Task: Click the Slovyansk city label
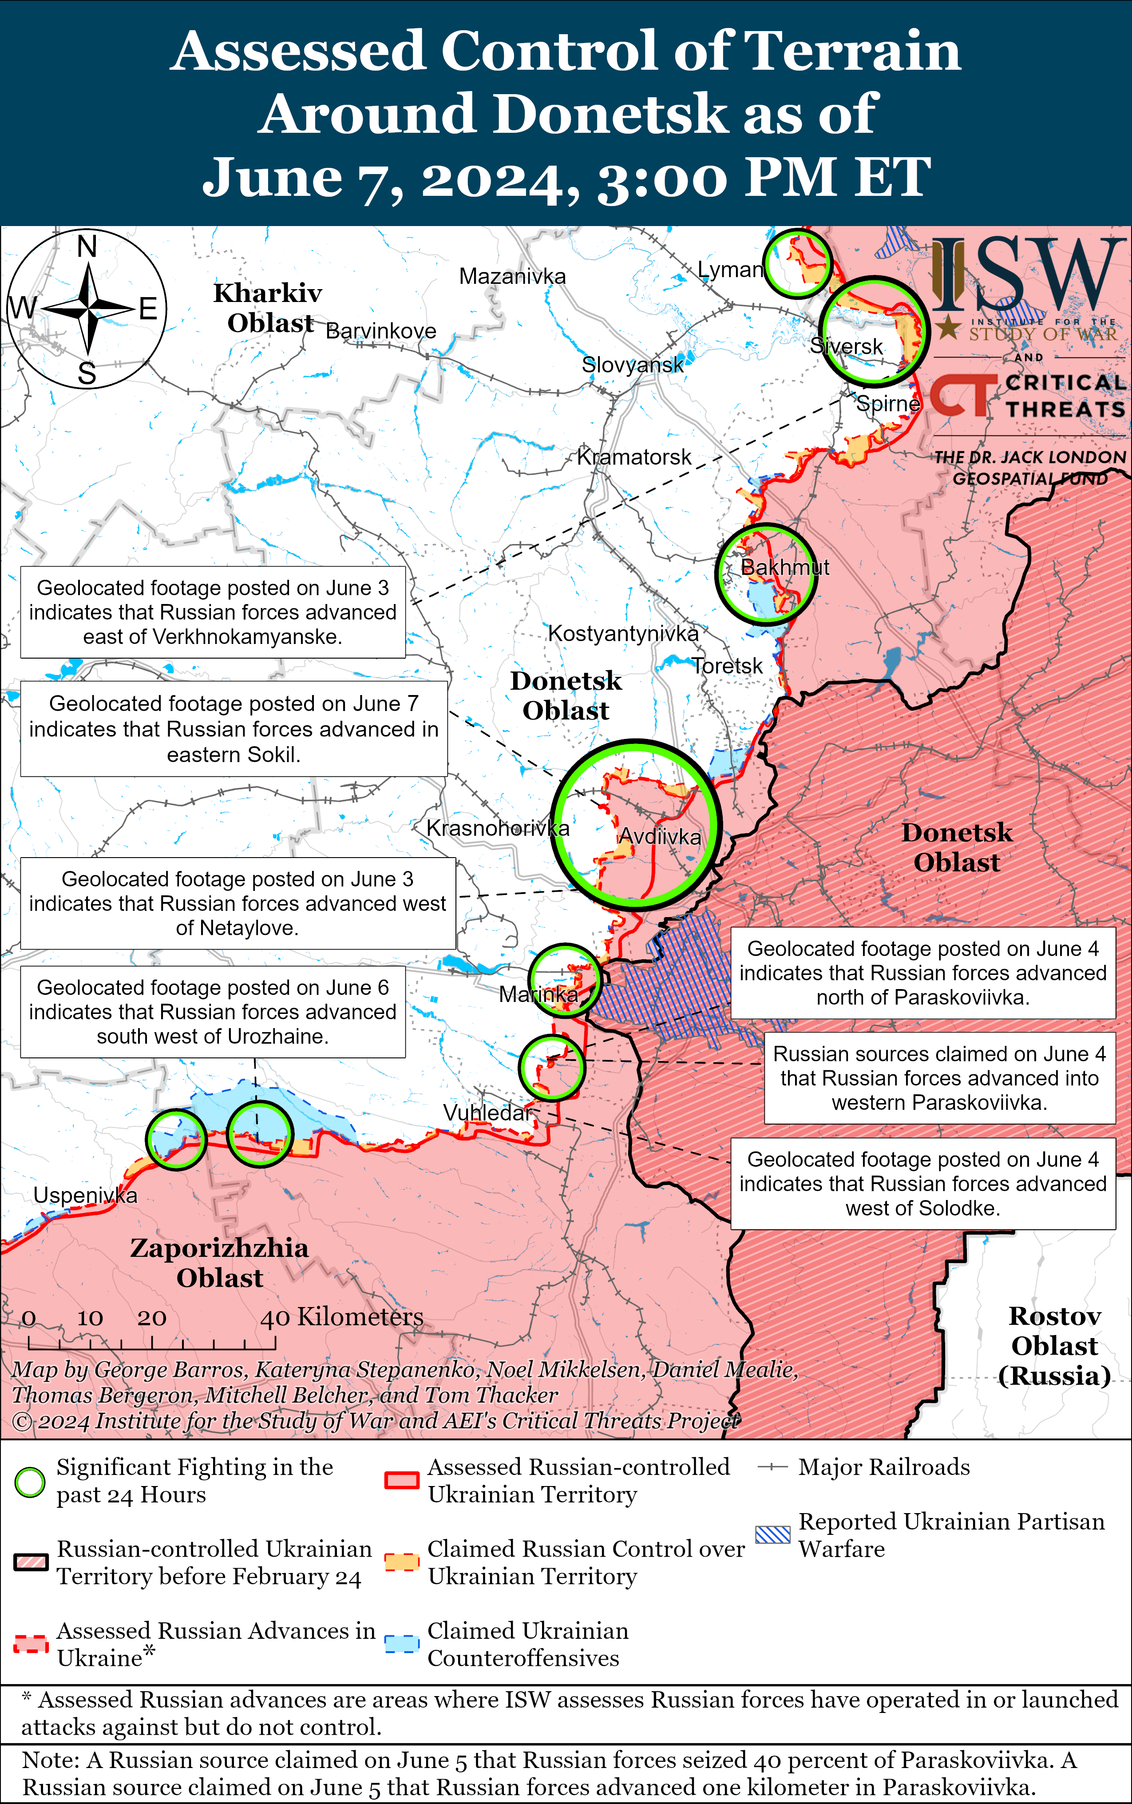(x=633, y=365)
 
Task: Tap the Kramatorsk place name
(x=634, y=457)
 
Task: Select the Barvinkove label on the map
(x=381, y=331)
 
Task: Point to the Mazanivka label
(x=512, y=276)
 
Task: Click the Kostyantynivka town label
(x=623, y=634)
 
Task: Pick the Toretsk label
(x=727, y=666)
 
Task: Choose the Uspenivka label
(x=85, y=1195)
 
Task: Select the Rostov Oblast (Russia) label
(x=1054, y=1346)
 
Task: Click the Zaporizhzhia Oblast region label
(x=219, y=1263)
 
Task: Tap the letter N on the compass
(x=87, y=246)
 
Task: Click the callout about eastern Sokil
(x=234, y=729)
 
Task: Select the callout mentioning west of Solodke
(x=923, y=1184)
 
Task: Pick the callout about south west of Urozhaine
(x=213, y=1012)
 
